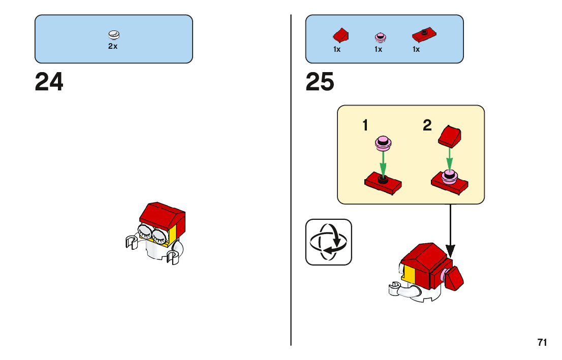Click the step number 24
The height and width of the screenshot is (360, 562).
[49, 82]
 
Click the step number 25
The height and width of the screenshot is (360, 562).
[320, 82]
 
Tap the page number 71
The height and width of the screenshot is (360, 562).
[542, 343]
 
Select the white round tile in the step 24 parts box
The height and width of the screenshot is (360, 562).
[114, 35]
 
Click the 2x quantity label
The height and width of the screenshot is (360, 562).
[113, 46]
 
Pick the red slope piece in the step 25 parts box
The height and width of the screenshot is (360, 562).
[340, 36]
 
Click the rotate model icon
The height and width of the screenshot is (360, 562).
[329, 242]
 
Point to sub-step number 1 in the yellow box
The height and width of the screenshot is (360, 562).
[365, 125]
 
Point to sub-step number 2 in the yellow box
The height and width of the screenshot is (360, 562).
[427, 125]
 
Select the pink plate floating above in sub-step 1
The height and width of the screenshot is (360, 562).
[383, 144]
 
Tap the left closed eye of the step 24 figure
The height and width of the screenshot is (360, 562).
[144, 233]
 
